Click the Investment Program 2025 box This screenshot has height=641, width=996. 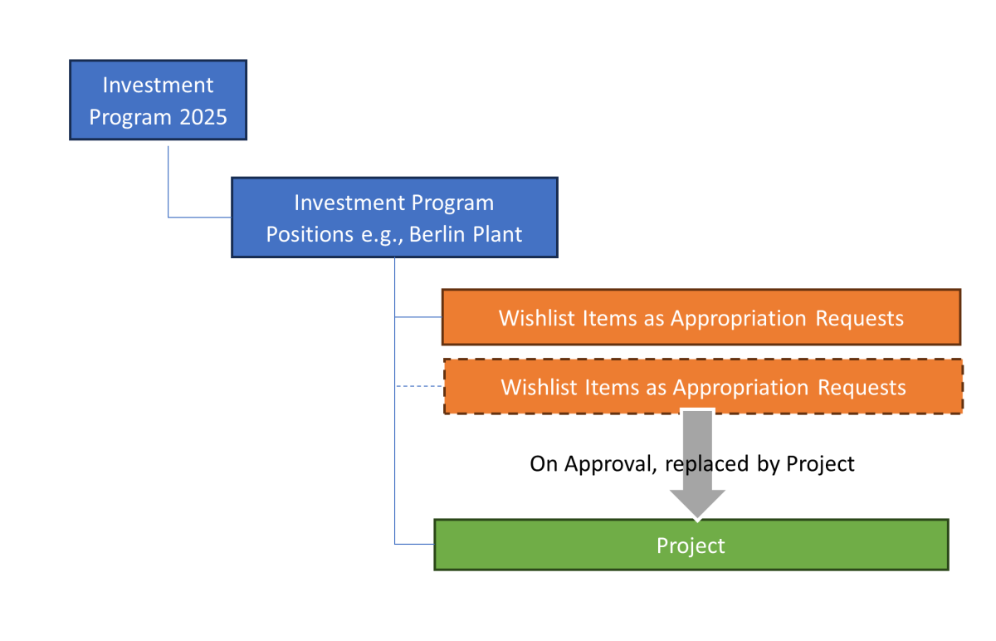tap(158, 100)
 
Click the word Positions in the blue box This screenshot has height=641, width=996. tap(302, 234)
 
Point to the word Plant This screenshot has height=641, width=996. tap(497, 234)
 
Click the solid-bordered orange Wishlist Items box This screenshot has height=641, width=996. tap(701, 317)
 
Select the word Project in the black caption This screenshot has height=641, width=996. tap(820, 463)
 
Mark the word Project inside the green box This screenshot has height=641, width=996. tap(691, 546)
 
